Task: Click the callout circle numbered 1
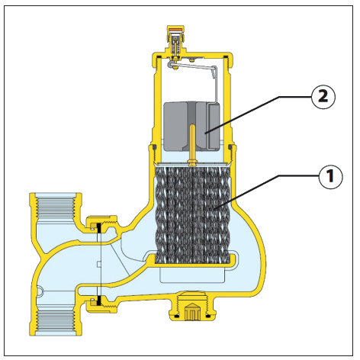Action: (x=330, y=176)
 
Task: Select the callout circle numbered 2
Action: (x=323, y=97)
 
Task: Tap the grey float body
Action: (x=191, y=126)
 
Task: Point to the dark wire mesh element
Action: (x=192, y=215)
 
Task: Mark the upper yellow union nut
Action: (x=101, y=224)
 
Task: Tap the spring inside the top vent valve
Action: (x=175, y=46)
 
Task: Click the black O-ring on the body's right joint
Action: (x=230, y=147)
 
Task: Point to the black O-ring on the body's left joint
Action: (x=153, y=147)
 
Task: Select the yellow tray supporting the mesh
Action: (x=192, y=262)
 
